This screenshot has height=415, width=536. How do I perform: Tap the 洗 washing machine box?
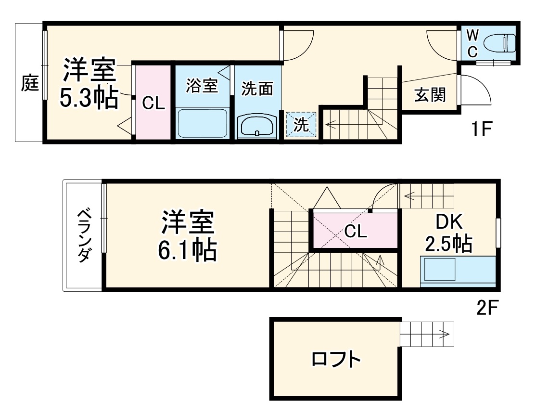(301, 125)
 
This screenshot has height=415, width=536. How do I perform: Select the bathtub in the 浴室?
(202, 123)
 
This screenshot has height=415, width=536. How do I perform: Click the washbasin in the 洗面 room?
(257, 126)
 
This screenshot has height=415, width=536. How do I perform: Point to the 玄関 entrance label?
(430, 95)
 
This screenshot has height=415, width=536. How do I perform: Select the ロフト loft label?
(336, 359)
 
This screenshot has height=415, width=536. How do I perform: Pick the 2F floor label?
(488, 307)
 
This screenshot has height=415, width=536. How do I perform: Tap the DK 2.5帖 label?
(448, 233)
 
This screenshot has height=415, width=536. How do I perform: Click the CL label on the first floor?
(153, 103)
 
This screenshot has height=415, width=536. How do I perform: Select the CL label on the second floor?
(356, 232)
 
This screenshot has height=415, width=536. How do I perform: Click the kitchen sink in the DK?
(439, 269)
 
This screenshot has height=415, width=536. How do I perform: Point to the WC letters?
(472, 42)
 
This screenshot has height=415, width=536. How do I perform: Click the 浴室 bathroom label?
(202, 86)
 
